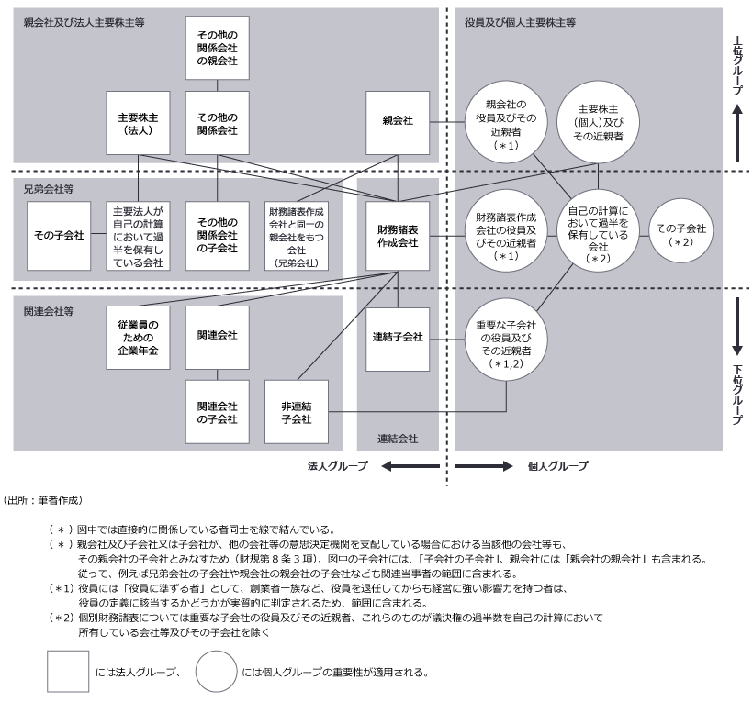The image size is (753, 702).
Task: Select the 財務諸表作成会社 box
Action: coord(399,236)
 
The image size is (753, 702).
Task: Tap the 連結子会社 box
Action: coord(399,337)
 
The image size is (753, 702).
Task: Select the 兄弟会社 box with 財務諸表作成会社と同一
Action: coord(296,236)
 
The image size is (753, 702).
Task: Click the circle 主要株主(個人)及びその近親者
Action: coord(601,122)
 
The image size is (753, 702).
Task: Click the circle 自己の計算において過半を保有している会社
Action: coord(599,235)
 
